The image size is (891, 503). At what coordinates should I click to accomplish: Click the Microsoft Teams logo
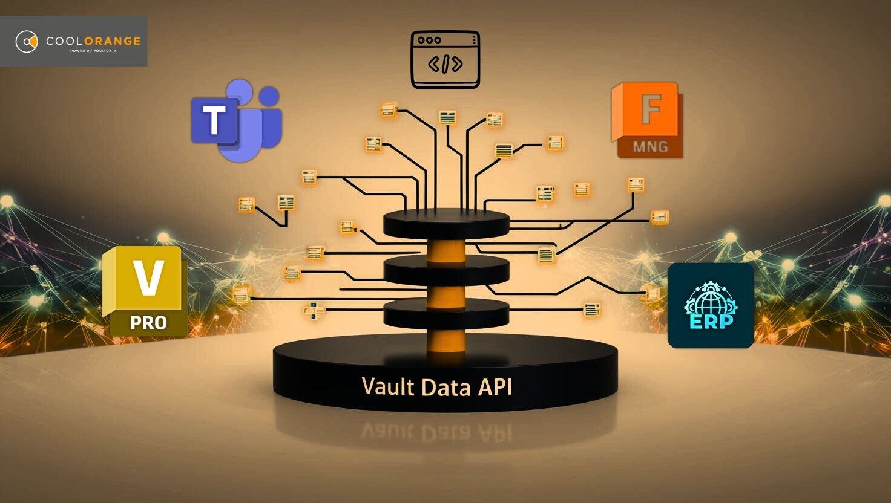coord(236,120)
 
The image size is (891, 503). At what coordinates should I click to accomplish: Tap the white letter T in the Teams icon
coord(214,120)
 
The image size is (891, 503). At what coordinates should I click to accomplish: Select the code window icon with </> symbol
coord(445,59)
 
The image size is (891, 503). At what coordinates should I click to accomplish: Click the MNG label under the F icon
coord(650,147)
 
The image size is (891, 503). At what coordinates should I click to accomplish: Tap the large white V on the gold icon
coord(148,277)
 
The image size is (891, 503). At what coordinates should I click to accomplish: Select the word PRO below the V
coord(148,323)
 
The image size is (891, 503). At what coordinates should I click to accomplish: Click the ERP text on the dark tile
coord(711,322)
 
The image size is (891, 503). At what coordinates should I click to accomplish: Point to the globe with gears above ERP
coord(711,298)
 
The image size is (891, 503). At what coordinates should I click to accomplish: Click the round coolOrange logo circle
coord(27,41)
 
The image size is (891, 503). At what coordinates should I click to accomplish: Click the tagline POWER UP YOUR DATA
coord(93,51)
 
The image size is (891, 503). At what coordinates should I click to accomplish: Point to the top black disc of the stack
coord(446,224)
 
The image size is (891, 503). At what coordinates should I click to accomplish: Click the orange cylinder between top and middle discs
coord(446,250)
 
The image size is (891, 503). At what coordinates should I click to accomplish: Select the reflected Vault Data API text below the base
coord(436,432)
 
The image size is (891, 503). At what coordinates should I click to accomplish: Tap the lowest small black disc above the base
coord(446,314)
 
